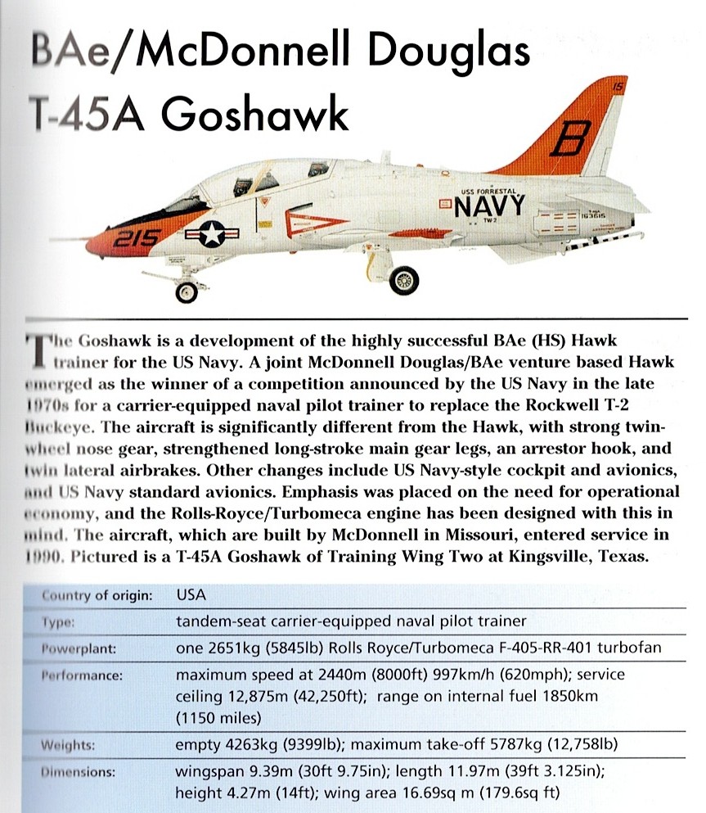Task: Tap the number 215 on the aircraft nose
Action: coord(130,237)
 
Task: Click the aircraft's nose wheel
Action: coord(187,291)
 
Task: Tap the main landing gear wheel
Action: coord(403,281)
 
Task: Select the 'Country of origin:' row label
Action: coord(97,595)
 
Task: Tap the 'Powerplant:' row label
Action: coord(79,649)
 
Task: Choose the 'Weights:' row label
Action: coord(69,745)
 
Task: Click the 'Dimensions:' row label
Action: coord(79,772)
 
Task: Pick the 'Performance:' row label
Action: coord(82,676)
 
